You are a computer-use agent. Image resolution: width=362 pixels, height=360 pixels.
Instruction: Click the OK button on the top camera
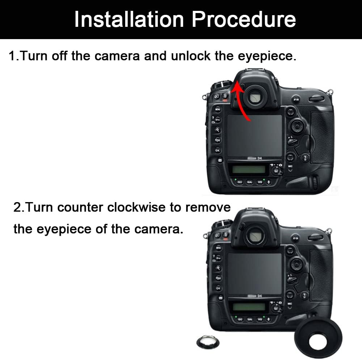coord(218,150)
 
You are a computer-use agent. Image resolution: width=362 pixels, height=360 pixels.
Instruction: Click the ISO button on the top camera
coord(239,182)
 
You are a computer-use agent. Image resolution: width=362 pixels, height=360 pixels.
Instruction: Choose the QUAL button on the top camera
coord(249,182)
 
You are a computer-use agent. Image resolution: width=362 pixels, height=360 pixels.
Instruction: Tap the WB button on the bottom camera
coord(260,320)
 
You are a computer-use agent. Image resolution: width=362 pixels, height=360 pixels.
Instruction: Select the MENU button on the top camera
coord(218,109)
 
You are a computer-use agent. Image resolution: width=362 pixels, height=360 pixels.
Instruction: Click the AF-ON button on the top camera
coord(296,99)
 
